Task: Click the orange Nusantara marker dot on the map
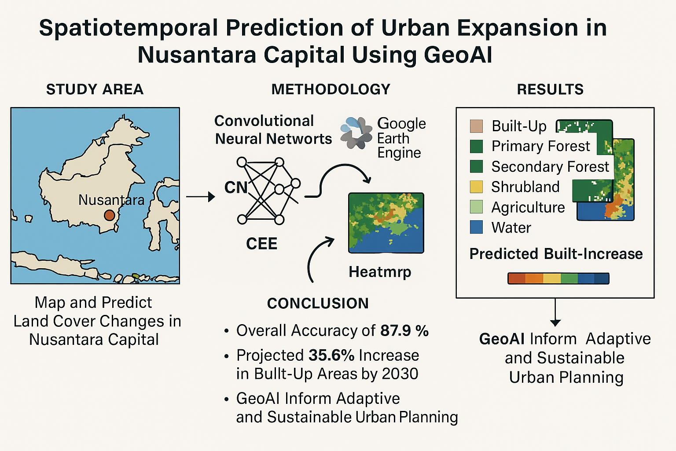[x=109, y=215]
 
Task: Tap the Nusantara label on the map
[x=111, y=200]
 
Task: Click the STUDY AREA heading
[x=95, y=89]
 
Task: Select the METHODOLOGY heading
[x=331, y=89]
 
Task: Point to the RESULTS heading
[x=550, y=89]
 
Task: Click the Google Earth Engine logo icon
[x=356, y=133]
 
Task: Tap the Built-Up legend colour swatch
[x=476, y=126]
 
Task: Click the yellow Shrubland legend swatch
[x=476, y=187]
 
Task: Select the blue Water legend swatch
[x=476, y=227]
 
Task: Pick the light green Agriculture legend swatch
[x=476, y=207]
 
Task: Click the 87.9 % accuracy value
[x=404, y=330]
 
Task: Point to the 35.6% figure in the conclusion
[x=331, y=355]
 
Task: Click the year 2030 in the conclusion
[x=400, y=374]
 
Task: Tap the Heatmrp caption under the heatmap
[x=380, y=272]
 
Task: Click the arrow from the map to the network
[x=200, y=197]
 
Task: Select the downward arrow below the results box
[x=555, y=312]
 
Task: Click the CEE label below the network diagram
[x=261, y=244]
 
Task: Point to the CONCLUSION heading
[x=318, y=303]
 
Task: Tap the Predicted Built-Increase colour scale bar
[x=558, y=278]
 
